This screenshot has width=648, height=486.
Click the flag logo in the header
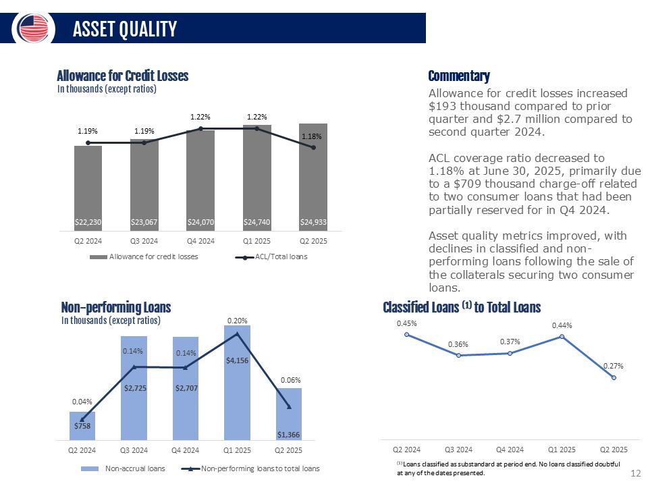(33, 28)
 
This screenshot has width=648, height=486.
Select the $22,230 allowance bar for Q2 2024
(88, 188)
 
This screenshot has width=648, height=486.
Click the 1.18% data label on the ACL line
(313, 136)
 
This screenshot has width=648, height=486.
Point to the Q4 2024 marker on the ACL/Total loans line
(200, 128)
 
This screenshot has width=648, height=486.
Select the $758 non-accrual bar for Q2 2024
(82, 425)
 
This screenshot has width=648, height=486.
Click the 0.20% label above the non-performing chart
(237, 321)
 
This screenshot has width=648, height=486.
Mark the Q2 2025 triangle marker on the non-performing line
(289, 406)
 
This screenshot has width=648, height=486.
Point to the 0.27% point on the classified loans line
(614, 377)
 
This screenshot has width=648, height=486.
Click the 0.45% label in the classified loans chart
(406, 323)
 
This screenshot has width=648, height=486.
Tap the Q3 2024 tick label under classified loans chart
(458, 449)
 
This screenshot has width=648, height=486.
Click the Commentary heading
(459, 76)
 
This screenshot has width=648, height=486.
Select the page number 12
(634, 473)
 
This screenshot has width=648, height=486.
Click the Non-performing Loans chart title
(115, 308)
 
